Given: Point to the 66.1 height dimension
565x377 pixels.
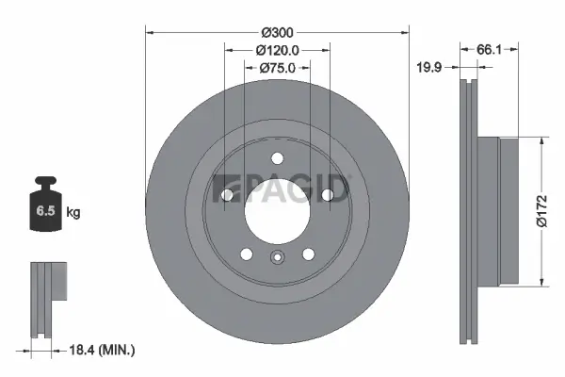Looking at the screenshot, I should point(487,50).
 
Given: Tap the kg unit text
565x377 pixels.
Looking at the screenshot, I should point(73,213).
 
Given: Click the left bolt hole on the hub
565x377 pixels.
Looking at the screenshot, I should point(227,195).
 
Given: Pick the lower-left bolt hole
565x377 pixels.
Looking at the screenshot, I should point(246,254).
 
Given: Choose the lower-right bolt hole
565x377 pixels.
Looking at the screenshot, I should point(308,254).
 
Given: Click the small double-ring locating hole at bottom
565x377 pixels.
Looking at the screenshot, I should point(277,259).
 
